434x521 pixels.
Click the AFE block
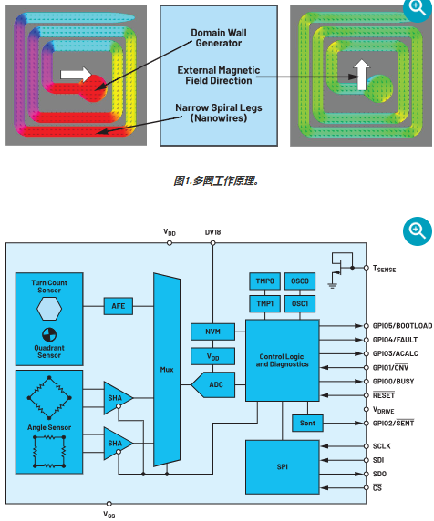pyautogui.click(x=117, y=306)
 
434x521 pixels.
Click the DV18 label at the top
pyautogui.click(x=213, y=232)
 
